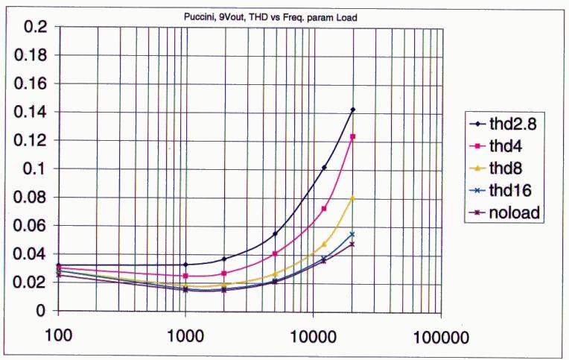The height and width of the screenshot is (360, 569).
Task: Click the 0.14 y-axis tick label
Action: (x=33, y=112)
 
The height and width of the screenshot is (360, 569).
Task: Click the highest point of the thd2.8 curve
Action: (x=353, y=110)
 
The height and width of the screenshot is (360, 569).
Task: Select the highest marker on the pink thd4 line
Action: (x=353, y=136)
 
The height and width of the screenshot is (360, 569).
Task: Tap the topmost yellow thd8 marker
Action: (x=353, y=198)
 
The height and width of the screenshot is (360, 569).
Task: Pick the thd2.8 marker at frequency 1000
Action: (x=185, y=265)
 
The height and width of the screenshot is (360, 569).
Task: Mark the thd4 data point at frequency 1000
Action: (x=185, y=277)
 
